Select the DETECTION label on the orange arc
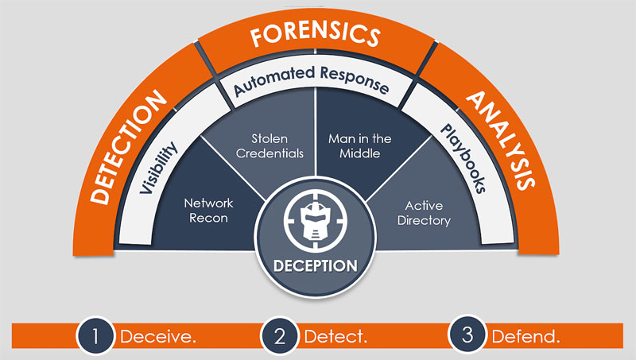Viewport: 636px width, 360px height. pos(128,147)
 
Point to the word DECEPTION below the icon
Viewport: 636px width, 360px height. pos(316,265)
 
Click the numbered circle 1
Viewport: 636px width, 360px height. pos(96,335)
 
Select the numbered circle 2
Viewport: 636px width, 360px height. pos(279,335)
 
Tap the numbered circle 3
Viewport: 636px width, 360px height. pos(467,335)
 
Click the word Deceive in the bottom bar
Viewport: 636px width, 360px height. pos(157,336)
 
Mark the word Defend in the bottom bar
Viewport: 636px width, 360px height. pos(525,336)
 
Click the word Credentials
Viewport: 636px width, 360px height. pos(271,153)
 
